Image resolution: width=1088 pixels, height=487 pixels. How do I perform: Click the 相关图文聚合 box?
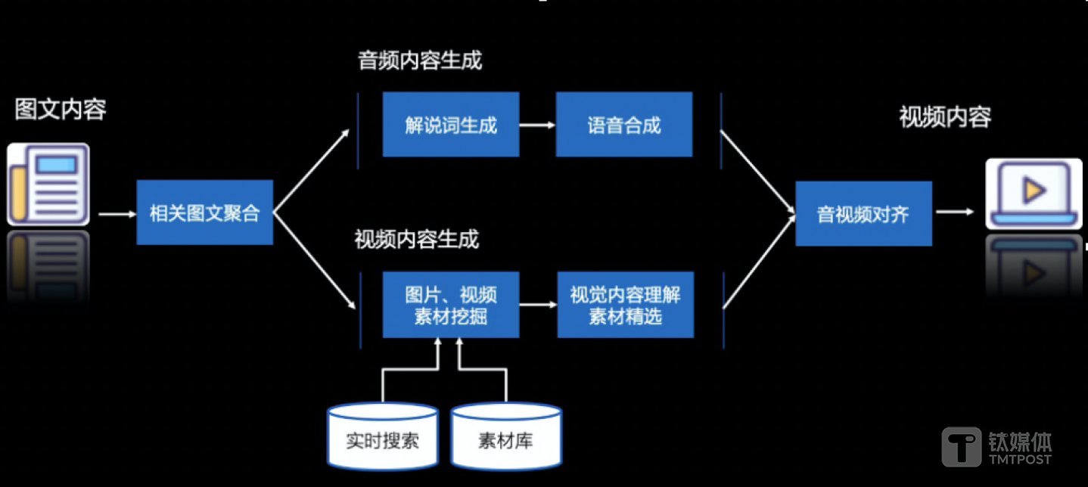point(204,212)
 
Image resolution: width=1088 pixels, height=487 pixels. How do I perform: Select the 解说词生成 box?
point(450,125)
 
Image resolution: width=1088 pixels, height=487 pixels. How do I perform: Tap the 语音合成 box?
point(623,125)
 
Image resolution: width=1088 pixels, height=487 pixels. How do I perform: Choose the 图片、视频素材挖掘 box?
point(450,305)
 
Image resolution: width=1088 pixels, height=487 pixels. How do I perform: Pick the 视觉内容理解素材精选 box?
point(625,305)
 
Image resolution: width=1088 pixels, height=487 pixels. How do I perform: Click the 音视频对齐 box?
point(863,214)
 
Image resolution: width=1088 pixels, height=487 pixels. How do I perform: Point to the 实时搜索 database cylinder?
point(382,436)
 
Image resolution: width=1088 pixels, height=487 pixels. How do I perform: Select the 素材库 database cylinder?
point(506,436)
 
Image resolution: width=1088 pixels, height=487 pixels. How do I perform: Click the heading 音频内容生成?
point(419,61)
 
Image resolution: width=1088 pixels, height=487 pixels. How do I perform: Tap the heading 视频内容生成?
point(417,240)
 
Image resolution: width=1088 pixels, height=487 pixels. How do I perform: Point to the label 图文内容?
point(61,110)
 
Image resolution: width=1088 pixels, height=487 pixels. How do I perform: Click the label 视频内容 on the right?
point(945,117)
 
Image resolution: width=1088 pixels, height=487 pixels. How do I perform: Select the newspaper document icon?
point(48,185)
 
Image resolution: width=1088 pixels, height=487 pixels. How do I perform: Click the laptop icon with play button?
point(1034,194)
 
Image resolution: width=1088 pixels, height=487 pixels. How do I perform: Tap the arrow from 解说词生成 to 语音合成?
point(537,125)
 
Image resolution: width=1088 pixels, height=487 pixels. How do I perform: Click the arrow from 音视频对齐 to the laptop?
point(955,212)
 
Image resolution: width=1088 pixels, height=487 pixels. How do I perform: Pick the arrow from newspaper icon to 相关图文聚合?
point(117,214)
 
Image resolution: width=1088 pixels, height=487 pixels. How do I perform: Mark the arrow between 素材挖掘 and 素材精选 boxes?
point(538,305)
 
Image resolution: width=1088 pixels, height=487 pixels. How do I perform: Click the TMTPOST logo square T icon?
point(961,446)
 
